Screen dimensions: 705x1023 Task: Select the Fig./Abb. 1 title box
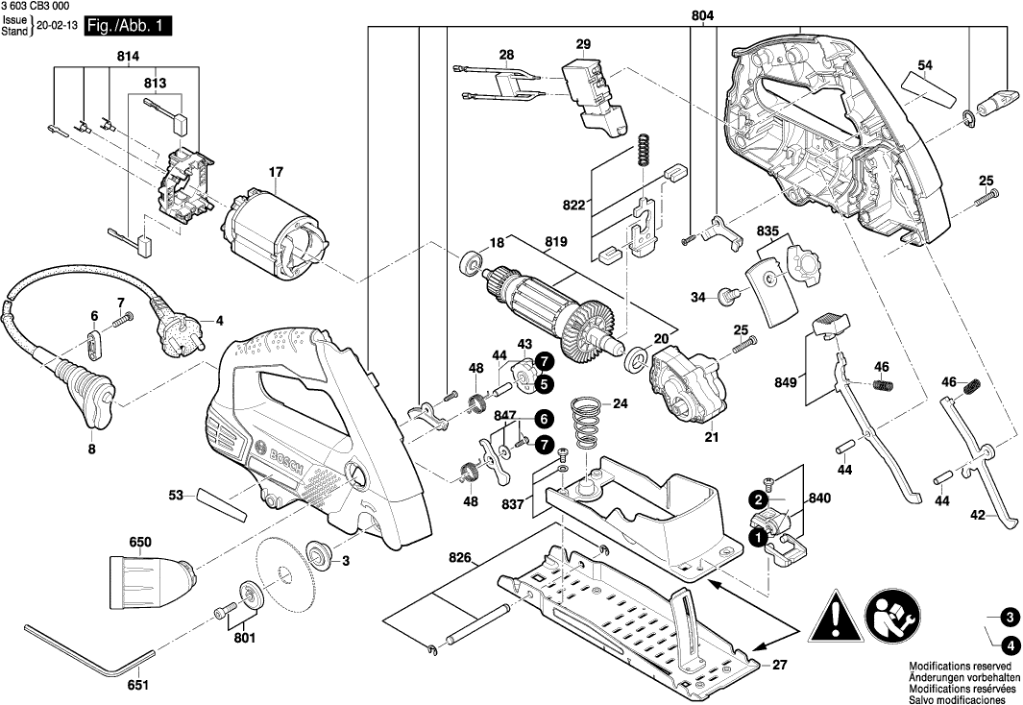coord(130,26)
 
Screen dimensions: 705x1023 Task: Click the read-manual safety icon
coord(894,613)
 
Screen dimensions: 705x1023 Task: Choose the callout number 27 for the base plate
coord(780,664)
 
